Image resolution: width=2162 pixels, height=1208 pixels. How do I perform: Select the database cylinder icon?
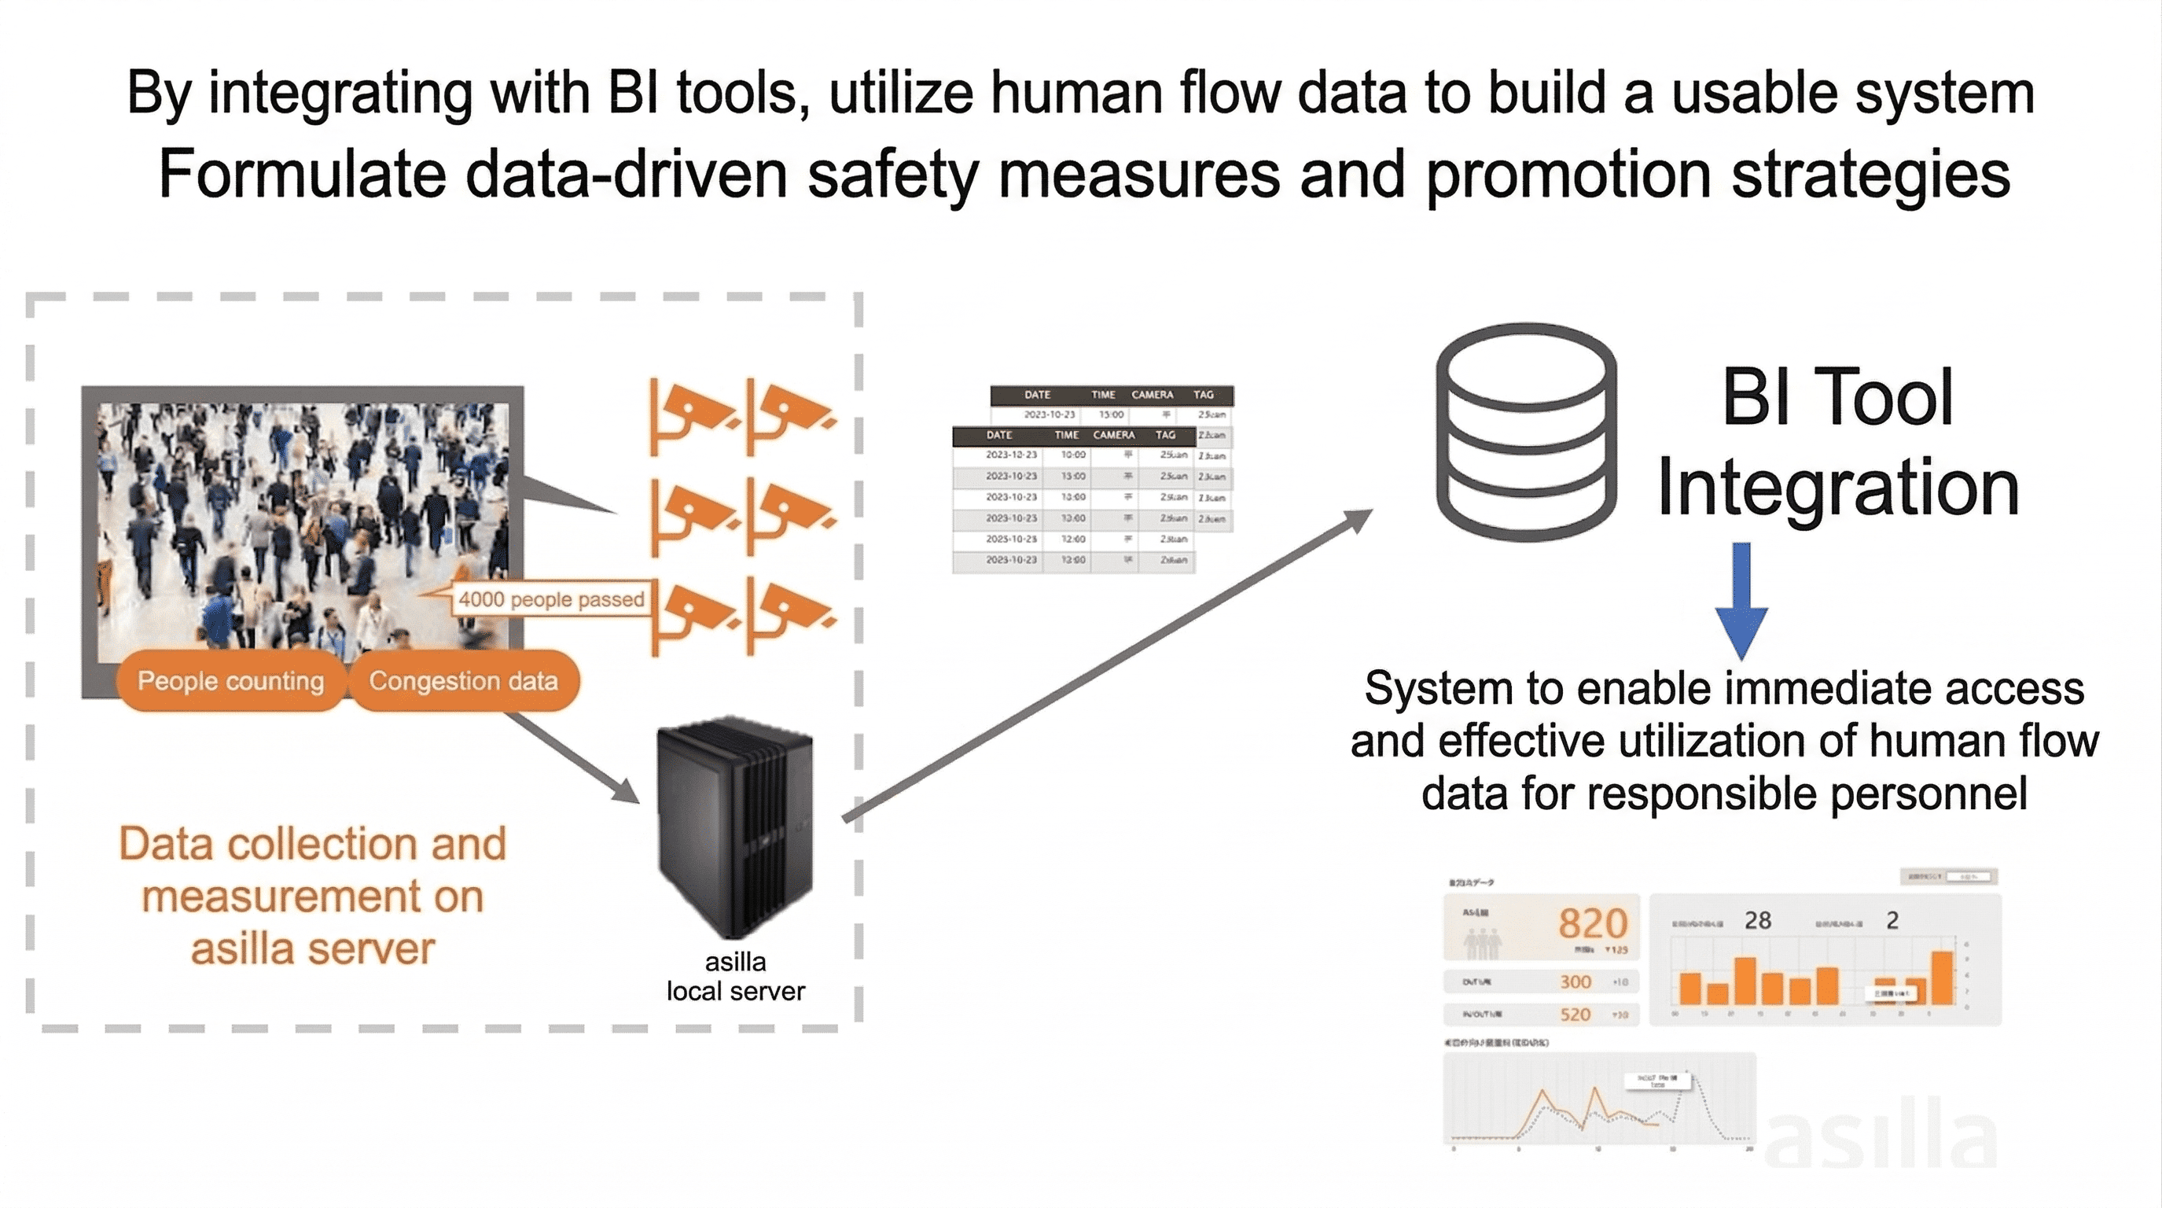click(x=1526, y=433)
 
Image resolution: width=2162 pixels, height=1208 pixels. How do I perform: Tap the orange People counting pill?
click(x=231, y=681)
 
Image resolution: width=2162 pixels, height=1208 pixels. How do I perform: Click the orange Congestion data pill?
click(x=463, y=681)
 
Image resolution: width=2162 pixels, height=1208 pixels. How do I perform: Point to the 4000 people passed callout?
click(x=550, y=599)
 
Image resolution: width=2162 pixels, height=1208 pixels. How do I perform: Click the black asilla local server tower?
click(x=735, y=826)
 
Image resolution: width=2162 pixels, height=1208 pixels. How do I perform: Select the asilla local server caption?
click(x=735, y=976)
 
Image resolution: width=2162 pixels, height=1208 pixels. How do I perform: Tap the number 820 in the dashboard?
click(x=1592, y=923)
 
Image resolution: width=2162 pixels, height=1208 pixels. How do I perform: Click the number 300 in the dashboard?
click(x=1576, y=981)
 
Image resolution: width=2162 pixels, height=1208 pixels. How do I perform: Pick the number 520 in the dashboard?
click(x=1576, y=1014)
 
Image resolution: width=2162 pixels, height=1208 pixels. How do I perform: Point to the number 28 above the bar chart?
click(x=1757, y=921)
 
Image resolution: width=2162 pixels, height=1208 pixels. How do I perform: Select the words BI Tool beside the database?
click(x=1837, y=397)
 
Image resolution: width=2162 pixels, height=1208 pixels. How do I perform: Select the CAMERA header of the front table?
click(x=1113, y=435)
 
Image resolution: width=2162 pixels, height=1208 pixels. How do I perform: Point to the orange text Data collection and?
click(x=312, y=844)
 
